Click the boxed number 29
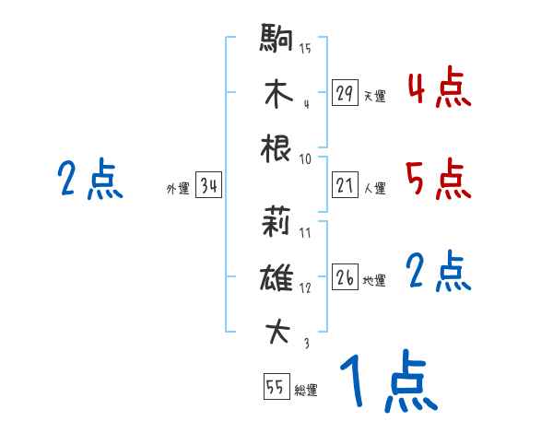pos(345,93)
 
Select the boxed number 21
pos(345,185)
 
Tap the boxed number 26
pos(345,277)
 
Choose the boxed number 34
pos(208,186)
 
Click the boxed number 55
pos(275,387)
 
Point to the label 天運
pos(374,96)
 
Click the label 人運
pos(374,188)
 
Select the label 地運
pos(374,280)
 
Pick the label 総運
pos(306,390)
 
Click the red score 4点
pos(439,89)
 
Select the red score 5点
pos(439,179)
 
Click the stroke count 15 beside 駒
pos(305,48)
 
